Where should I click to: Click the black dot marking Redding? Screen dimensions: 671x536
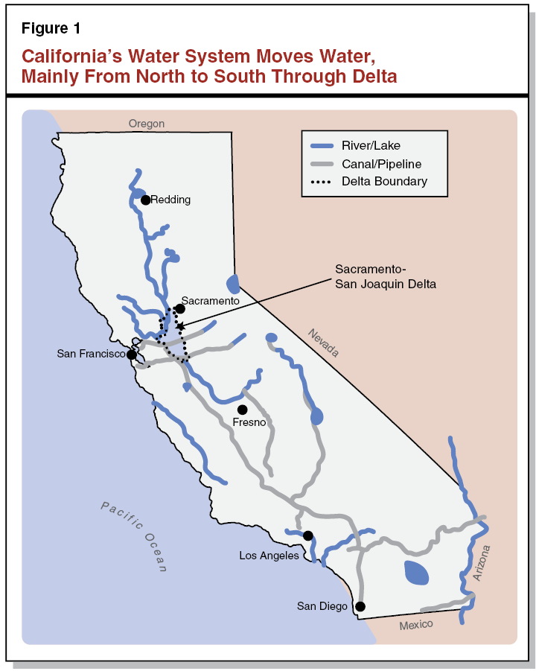(145, 200)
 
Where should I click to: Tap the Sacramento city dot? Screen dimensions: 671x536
(179, 308)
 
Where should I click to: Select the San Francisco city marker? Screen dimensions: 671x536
(132, 354)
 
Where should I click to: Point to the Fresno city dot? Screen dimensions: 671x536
(242, 410)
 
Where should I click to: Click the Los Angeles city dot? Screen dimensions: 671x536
(307, 535)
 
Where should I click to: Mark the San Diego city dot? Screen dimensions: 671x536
(360, 606)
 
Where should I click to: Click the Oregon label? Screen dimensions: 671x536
(146, 124)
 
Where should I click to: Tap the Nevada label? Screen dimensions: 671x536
(323, 342)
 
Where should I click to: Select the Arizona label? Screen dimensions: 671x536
(482, 562)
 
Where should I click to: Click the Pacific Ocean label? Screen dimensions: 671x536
(135, 536)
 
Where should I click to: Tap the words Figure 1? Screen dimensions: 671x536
(51, 29)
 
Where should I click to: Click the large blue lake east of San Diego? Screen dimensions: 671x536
(417, 573)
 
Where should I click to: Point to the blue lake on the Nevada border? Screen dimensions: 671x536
(234, 284)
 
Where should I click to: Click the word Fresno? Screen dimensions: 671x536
(249, 422)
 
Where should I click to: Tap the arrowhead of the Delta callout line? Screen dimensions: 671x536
(179, 325)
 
